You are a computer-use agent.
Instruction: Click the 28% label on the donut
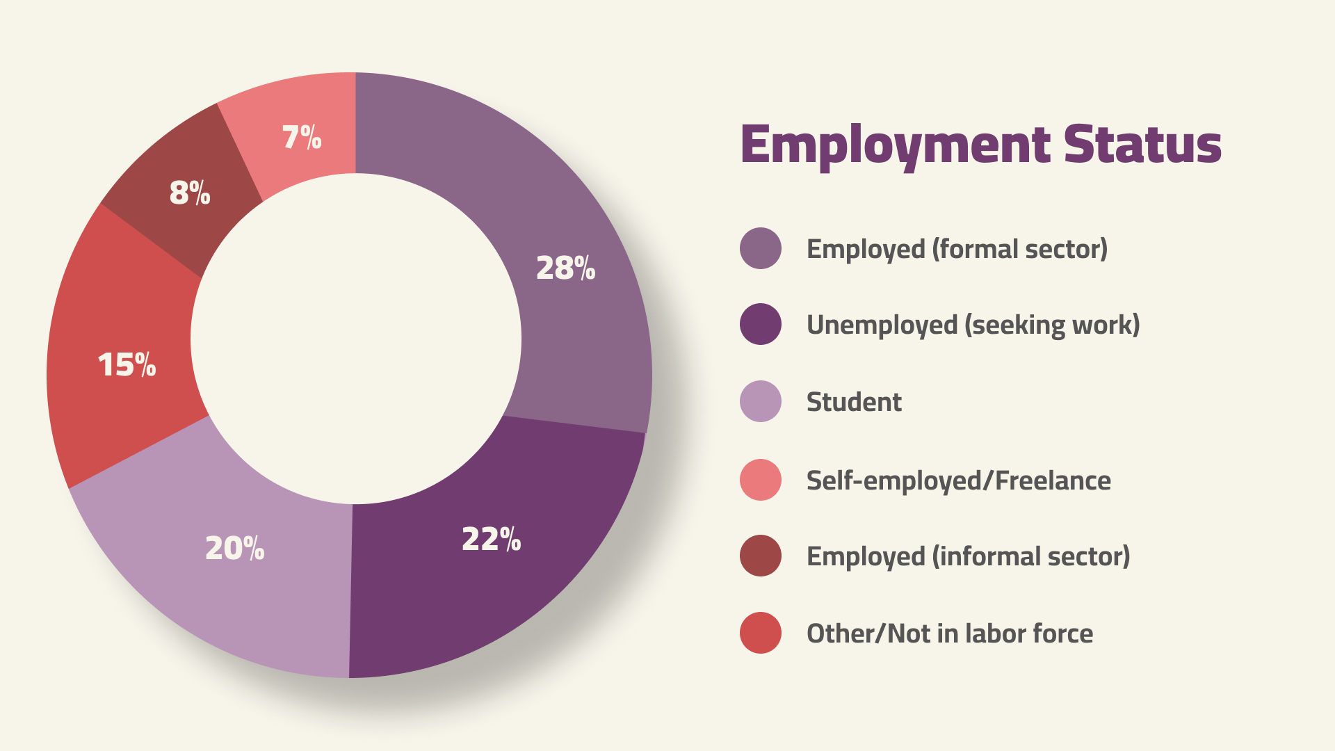coord(565,268)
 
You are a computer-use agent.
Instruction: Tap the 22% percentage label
coord(491,540)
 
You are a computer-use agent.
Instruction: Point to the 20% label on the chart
coord(234,549)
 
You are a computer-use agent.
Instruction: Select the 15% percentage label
coord(127,365)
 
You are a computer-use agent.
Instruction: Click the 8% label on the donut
coord(189,193)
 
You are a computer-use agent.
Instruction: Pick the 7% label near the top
coord(302,137)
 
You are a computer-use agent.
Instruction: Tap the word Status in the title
coord(1142,145)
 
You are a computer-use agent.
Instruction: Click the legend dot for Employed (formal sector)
coord(761,248)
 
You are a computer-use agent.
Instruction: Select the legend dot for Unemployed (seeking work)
coord(761,324)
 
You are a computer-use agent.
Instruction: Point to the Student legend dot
coord(761,401)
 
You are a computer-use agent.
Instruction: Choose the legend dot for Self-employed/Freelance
coord(761,480)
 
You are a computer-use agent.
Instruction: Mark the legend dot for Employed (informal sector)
coord(761,556)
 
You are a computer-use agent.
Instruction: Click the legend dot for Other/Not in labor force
coord(761,633)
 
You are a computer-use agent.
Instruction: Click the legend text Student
coord(854,402)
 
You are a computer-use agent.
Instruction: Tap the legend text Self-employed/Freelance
coord(958,481)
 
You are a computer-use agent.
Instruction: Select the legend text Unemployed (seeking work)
coord(973,325)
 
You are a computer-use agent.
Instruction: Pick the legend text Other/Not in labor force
coord(949,633)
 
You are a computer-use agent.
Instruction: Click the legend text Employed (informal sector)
coord(968,556)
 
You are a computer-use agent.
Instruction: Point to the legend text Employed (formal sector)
coord(957,249)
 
